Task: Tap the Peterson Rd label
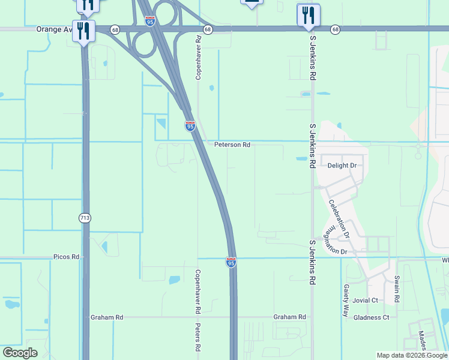click(x=232, y=145)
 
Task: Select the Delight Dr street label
click(x=342, y=166)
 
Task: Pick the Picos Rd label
click(x=66, y=257)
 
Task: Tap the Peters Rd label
click(x=197, y=337)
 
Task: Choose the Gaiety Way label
click(x=346, y=301)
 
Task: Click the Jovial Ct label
click(x=366, y=301)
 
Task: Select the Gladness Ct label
click(x=372, y=317)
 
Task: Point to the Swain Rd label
click(x=397, y=289)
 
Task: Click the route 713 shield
click(x=85, y=218)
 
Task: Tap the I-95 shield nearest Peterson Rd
click(x=190, y=126)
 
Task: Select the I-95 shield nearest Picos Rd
click(x=231, y=262)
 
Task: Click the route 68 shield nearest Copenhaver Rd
click(x=207, y=29)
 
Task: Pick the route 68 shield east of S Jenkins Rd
click(x=335, y=29)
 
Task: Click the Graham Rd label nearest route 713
click(x=107, y=317)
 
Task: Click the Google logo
click(x=20, y=353)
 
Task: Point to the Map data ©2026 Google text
click(x=411, y=355)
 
